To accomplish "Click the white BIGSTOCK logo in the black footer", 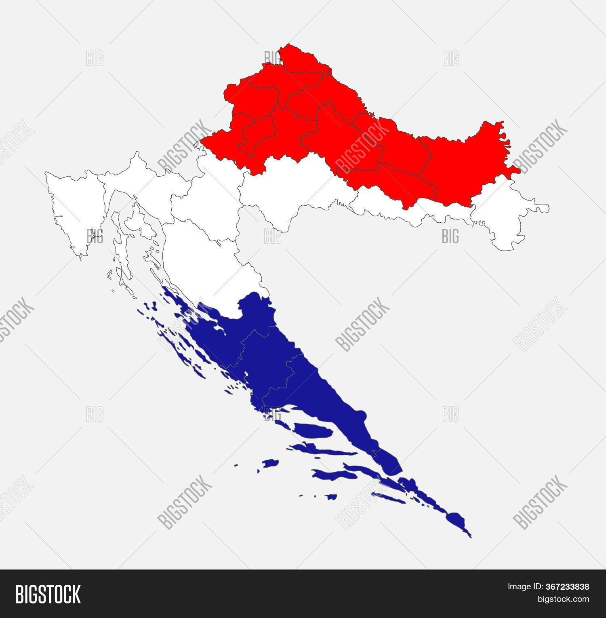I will (48, 594).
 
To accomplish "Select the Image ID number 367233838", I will (569, 587).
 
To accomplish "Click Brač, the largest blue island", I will (313, 430).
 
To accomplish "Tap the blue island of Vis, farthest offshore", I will (270, 463).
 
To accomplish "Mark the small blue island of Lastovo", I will (331, 496).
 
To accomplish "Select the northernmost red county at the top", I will (301, 61).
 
